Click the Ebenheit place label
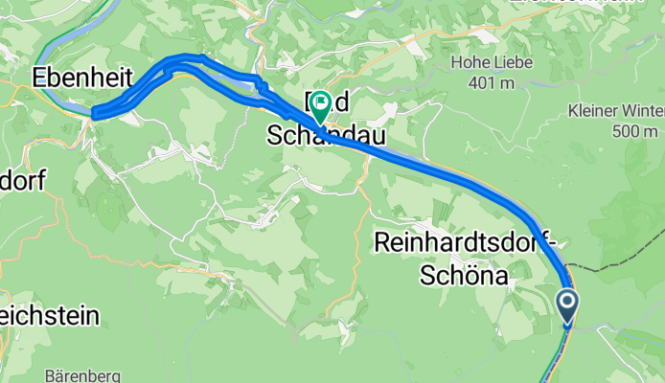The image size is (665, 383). pos(81,77)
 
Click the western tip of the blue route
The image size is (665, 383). pos(94,114)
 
